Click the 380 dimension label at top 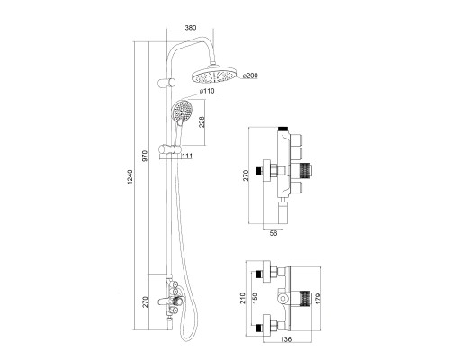click(x=191, y=28)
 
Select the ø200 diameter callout click(x=250, y=76)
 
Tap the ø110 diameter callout click(x=207, y=91)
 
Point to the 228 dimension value click(x=202, y=122)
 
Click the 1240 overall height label click(x=130, y=177)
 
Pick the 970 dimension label click(x=145, y=157)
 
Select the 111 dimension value click(x=187, y=156)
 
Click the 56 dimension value click(x=274, y=233)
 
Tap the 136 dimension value click(x=286, y=339)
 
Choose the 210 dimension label click(x=243, y=298)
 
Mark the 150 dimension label click(x=256, y=298)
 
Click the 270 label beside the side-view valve click(x=246, y=175)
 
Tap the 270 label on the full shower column click(x=145, y=301)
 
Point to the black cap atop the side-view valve click(x=283, y=129)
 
